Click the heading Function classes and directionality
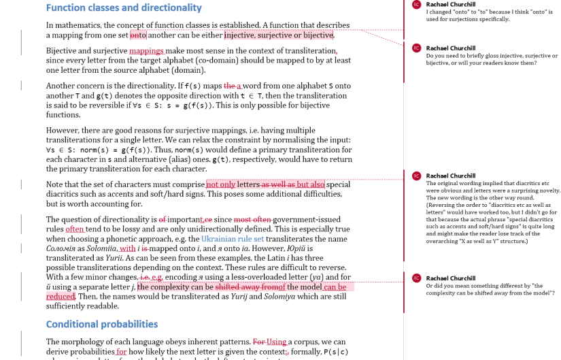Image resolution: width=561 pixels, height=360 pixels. [124, 8]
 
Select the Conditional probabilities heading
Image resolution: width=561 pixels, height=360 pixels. [102, 324]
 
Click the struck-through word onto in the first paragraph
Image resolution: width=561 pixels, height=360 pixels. [138, 35]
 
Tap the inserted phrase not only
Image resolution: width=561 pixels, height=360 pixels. [221, 184]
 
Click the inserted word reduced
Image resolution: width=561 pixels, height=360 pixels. [60, 297]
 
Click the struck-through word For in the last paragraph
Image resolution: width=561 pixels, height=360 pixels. [259, 342]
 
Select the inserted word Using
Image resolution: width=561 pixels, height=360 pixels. [277, 342]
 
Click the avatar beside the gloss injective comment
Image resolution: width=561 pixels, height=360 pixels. [416, 48]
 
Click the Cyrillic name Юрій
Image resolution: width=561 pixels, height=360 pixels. [316, 249]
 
